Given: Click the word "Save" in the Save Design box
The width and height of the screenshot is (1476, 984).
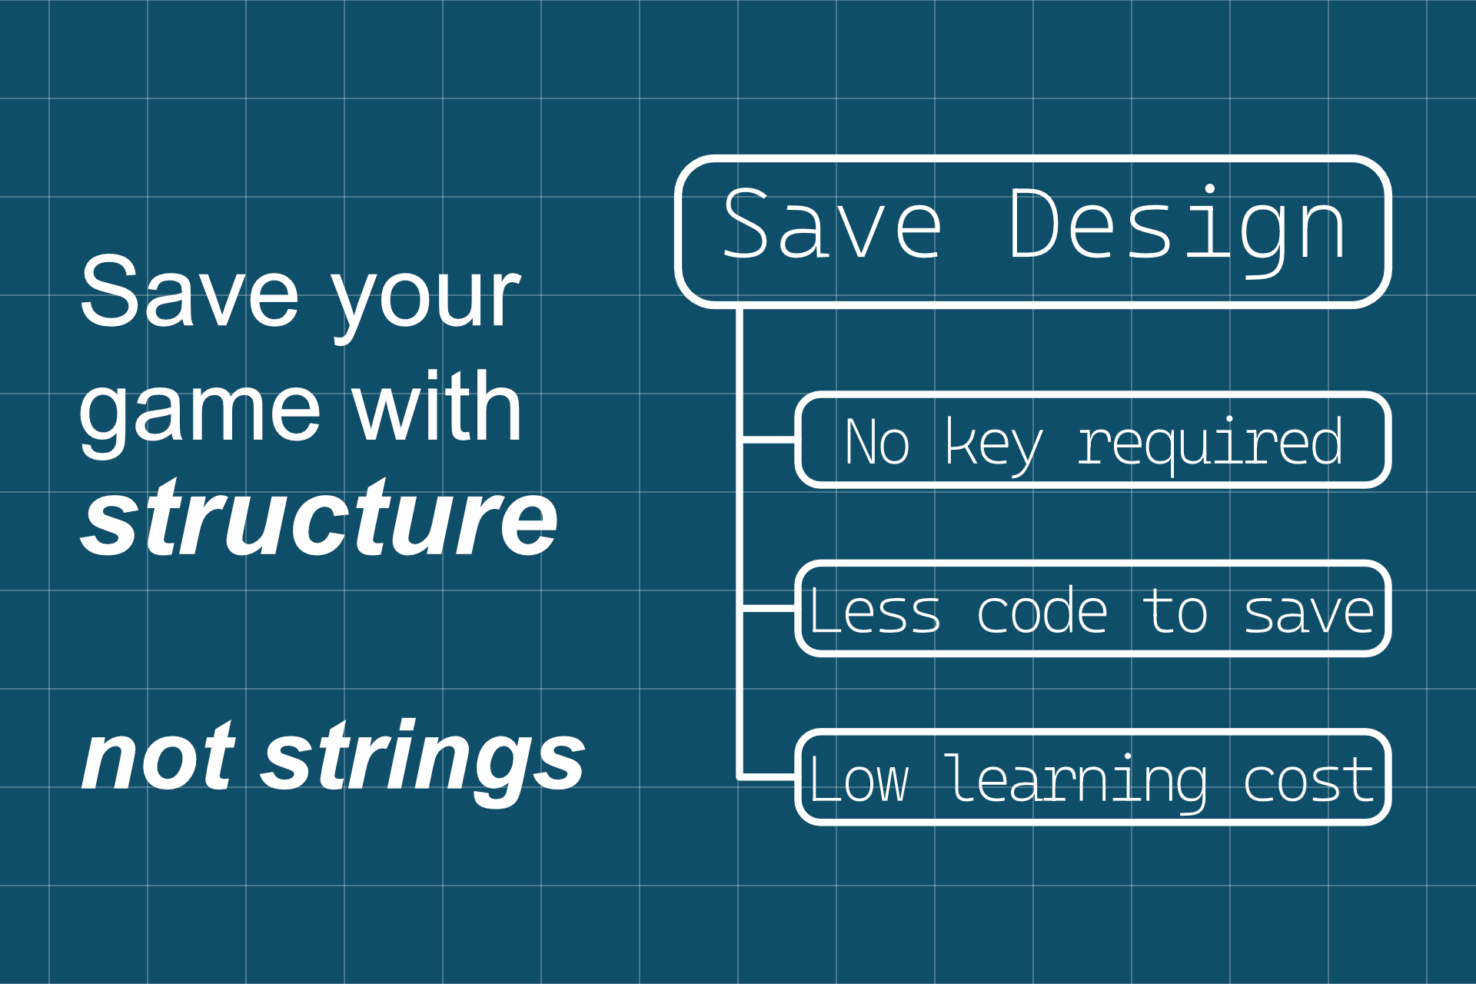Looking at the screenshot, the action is point(833,224).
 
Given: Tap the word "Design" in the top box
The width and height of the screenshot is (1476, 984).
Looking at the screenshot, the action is point(1177,230).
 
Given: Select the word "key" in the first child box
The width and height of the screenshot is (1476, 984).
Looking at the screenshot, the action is point(993,446).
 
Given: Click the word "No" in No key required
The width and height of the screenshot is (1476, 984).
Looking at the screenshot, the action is point(877,442).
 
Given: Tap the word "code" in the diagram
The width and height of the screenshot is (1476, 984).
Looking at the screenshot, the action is point(1042,610).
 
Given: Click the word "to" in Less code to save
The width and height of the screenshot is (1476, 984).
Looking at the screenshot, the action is point(1175,612).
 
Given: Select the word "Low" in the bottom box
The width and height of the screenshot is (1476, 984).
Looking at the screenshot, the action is point(859,780).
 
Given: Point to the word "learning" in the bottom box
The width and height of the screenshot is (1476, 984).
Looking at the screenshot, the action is point(1076,783).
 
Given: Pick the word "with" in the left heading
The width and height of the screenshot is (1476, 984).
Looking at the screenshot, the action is point(437,405).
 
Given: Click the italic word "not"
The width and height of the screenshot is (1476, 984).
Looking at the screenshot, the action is point(158,756).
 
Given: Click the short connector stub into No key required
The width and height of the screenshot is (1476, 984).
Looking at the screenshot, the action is point(769,440).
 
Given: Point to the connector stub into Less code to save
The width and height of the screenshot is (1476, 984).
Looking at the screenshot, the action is point(769,608).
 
